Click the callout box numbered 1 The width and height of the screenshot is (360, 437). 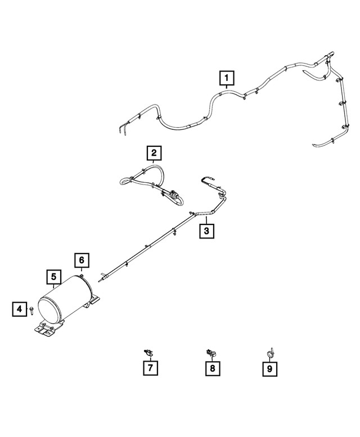pyautogui.click(x=227, y=77)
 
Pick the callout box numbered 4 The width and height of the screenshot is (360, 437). pyautogui.click(x=19, y=308)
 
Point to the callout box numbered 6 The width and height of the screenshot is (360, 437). pyautogui.click(x=82, y=260)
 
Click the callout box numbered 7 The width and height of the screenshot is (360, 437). pyautogui.click(x=150, y=369)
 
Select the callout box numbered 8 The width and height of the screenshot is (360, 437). pyautogui.click(x=213, y=369)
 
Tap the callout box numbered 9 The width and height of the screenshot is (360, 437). pyautogui.click(x=271, y=369)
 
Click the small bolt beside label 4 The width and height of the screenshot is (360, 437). pyautogui.click(x=32, y=309)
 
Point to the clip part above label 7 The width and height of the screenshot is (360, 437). pyautogui.click(x=148, y=352)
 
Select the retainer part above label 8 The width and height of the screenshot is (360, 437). pyautogui.click(x=211, y=353)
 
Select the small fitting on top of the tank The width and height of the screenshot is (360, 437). pyautogui.click(x=82, y=275)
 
